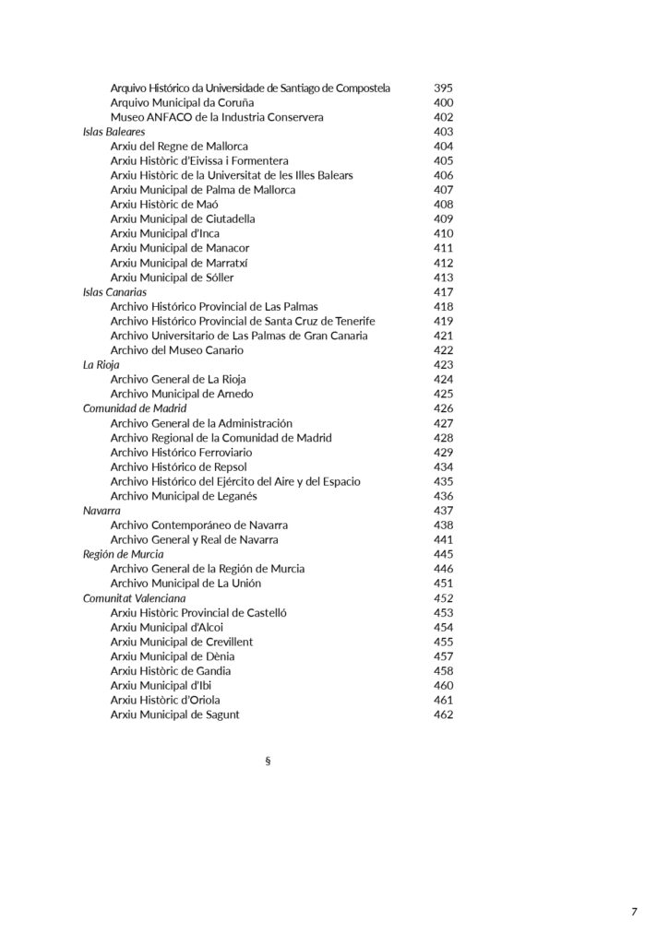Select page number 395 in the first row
(x=443, y=88)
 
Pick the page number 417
(x=443, y=292)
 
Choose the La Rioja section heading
(x=102, y=365)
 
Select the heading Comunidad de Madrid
(x=135, y=408)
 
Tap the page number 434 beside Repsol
(x=443, y=467)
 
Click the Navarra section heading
(x=102, y=511)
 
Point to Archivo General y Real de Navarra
(x=194, y=539)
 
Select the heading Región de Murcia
(x=124, y=554)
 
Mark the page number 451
(x=443, y=584)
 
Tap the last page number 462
(x=443, y=714)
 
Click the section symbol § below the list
(x=268, y=761)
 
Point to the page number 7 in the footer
(x=634, y=913)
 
